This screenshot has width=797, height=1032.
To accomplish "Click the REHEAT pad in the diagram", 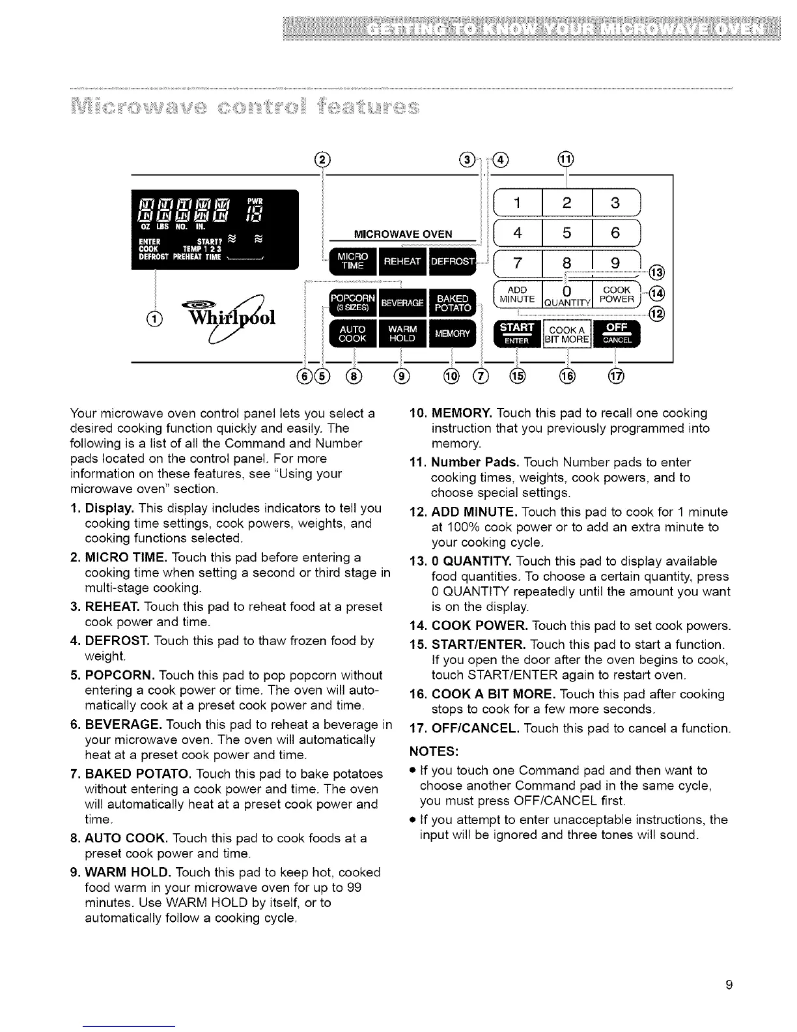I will click(x=402, y=262).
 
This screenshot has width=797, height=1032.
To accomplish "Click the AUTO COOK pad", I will click(x=351, y=334).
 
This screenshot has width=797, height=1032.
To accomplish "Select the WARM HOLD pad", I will click(x=402, y=334).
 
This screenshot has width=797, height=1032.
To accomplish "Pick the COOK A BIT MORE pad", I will click(x=566, y=333).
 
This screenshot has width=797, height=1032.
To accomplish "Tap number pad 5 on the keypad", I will click(x=566, y=233).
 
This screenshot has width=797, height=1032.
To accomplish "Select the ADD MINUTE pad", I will click(x=517, y=294).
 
